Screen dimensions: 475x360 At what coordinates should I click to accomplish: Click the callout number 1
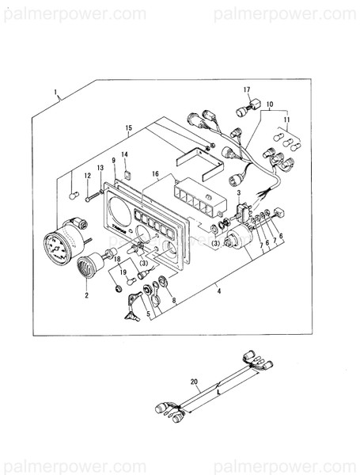[x=56, y=93]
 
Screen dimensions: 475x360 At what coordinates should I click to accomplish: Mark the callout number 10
[x=269, y=104]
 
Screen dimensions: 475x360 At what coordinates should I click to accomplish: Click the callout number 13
[x=100, y=168]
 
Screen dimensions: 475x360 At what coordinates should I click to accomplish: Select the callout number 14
[x=125, y=154]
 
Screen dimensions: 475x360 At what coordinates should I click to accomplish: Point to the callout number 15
[x=128, y=127]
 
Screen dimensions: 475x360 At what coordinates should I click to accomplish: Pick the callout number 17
[x=247, y=89]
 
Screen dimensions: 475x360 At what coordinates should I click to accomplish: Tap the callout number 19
[x=123, y=272]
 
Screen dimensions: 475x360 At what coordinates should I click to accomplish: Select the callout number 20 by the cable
[x=195, y=381]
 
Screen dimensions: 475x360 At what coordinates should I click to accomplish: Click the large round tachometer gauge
[x=59, y=243]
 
